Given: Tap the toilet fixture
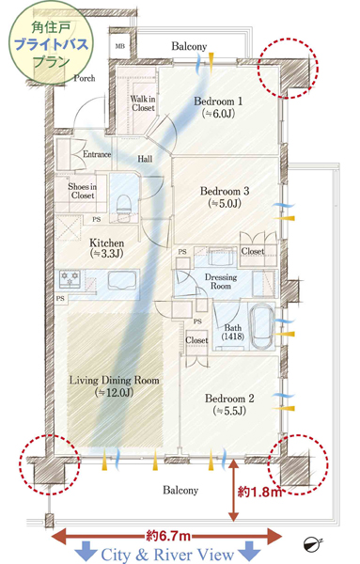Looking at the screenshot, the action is click(124, 204).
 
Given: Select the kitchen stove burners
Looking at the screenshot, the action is click(70, 279).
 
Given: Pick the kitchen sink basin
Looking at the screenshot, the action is click(122, 280).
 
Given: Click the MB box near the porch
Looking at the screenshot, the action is click(120, 46).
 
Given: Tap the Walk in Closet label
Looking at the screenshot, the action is click(143, 102).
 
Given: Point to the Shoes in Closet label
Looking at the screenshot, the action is click(83, 191).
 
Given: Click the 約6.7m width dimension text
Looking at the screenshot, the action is click(168, 536).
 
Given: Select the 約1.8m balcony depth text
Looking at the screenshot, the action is click(259, 492).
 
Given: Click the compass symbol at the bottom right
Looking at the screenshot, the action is click(312, 545).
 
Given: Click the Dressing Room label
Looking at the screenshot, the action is click(221, 282).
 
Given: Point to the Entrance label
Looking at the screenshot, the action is click(97, 154).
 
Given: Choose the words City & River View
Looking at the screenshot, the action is click(167, 555).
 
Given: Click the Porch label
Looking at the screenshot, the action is click(85, 78).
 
